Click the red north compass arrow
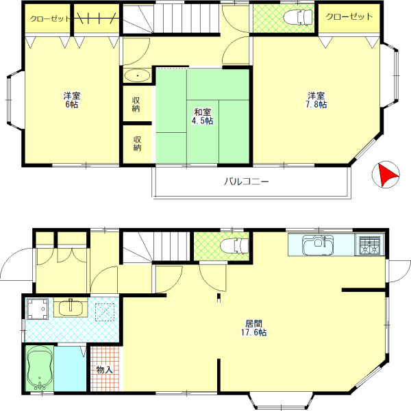[388, 174]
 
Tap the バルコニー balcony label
[246, 182]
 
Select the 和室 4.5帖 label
[203, 116]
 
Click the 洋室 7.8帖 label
[316, 100]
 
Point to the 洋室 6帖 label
[72, 100]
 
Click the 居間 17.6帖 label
[253, 328]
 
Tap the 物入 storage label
[104, 370]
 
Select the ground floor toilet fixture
[234, 246]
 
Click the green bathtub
[40, 369]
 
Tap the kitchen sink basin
[318, 245]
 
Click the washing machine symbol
[37, 309]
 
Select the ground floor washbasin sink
[71, 308]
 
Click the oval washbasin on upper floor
[137, 76]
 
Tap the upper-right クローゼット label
[349, 17]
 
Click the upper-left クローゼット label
[50, 19]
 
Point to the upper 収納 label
[136, 104]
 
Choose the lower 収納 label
[137, 143]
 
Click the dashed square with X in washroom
[105, 312]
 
